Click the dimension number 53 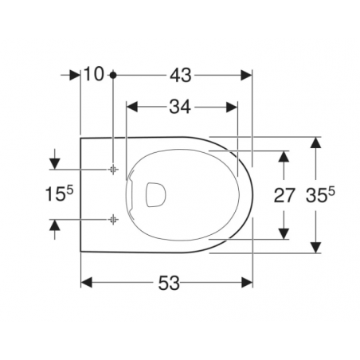[167, 283]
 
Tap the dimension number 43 [180, 75]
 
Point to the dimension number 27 [284, 194]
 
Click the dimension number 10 [93, 75]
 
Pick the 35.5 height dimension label [321, 194]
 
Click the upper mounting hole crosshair [114, 169]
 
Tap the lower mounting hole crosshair [114, 217]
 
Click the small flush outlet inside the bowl [154, 193]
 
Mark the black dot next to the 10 [114, 75]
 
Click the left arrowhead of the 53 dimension [86, 283]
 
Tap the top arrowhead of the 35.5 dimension [317, 141]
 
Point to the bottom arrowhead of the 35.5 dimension [317, 248]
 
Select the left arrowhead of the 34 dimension [133, 107]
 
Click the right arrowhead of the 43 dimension [247, 75]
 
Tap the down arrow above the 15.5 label [55, 163]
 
